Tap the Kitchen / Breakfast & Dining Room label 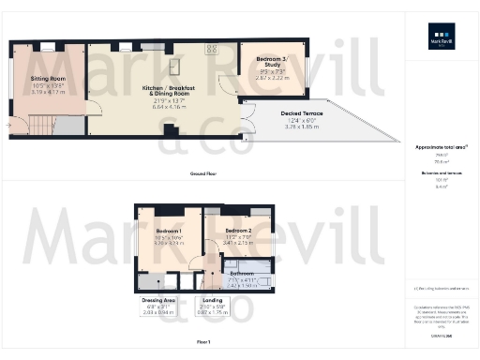coord(168,91)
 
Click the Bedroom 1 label coord(169,231)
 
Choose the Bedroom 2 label coord(237,231)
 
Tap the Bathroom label coord(242,273)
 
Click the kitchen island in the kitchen coord(175,65)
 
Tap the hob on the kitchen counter coord(212,49)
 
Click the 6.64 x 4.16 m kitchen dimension coord(168,107)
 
